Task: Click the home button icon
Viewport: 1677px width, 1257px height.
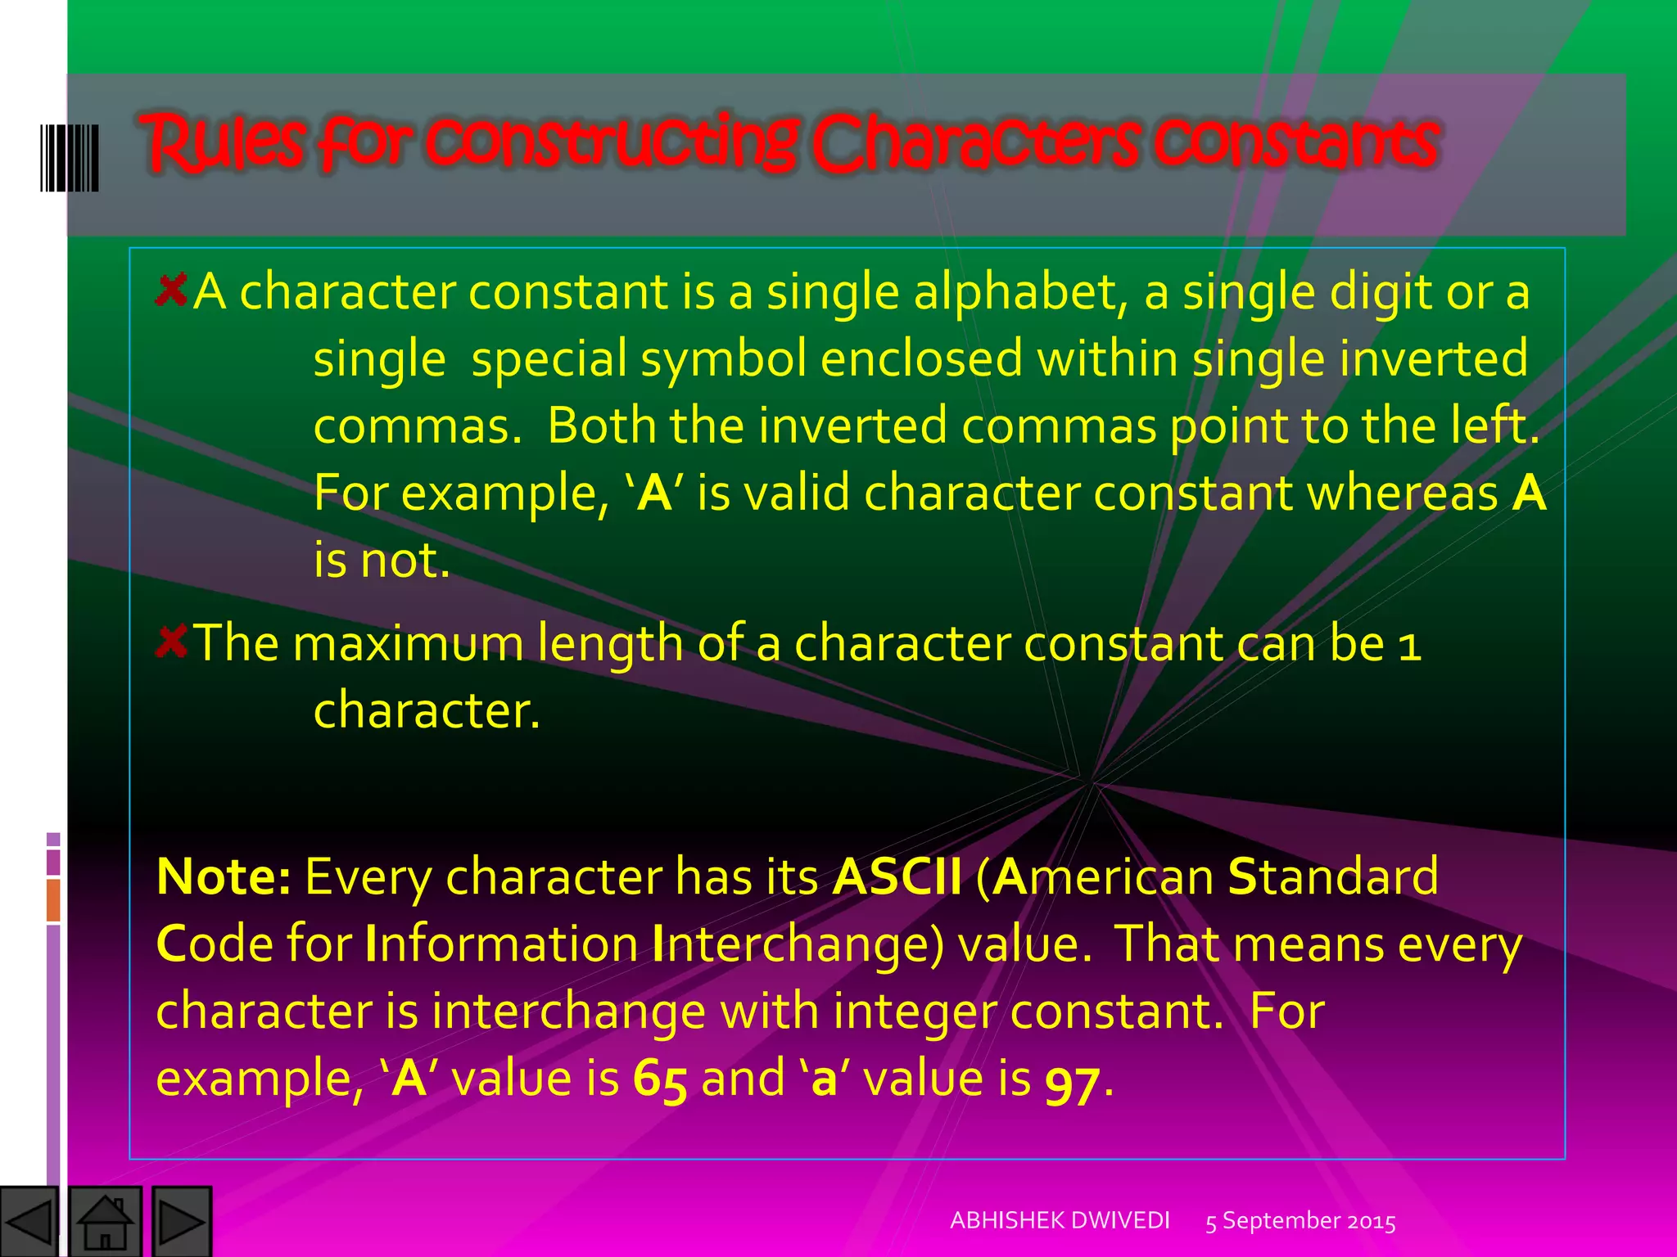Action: tap(105, 1222)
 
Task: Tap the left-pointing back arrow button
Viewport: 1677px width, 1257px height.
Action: tap(29, 1222)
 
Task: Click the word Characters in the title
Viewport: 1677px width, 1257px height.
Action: tap(974, 143)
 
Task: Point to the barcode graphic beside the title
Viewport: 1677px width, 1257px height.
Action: tap(70, 158)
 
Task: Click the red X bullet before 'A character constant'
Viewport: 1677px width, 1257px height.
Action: tap(171, 290)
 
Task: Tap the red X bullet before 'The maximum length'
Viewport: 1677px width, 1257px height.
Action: tap(171, 641)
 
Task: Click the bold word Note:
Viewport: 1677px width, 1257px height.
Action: tap(223, 876)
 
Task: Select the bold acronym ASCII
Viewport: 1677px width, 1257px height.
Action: tap(897, 876)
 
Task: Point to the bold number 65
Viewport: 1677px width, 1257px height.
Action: tap(660, 1079)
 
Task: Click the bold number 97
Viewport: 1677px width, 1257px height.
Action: tap(1073, 1081)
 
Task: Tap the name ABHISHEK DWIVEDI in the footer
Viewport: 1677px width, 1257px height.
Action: tap(1060, 1220)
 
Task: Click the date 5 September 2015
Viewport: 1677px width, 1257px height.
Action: tap(1300, 1221)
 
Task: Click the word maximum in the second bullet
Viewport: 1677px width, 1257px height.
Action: tap(408, 642)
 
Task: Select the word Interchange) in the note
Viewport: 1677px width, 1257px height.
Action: tap(798, 944)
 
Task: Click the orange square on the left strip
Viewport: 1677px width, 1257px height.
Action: tap(53, 900)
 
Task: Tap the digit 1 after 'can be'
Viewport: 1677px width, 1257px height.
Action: tap(1409, 644)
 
